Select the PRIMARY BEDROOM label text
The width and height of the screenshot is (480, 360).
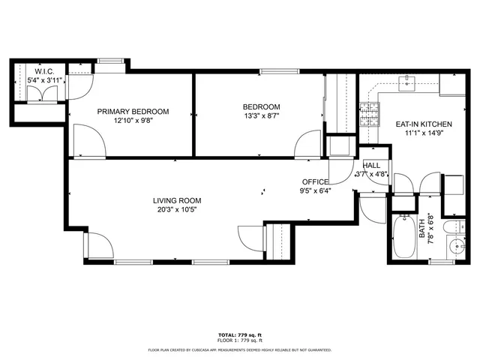point(133,111)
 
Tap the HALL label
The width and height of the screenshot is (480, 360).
point(371,166)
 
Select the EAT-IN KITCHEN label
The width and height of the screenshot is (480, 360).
point(408,124)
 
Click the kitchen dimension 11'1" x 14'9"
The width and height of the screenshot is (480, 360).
point(408,134)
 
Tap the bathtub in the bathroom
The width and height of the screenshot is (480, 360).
point(402,235)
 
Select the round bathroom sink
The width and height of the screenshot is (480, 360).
point(453,245)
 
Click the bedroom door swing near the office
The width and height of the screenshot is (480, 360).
point(307,145)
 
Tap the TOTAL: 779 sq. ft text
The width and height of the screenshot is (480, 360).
point(239,335)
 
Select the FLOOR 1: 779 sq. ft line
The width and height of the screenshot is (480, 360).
point(239,342)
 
